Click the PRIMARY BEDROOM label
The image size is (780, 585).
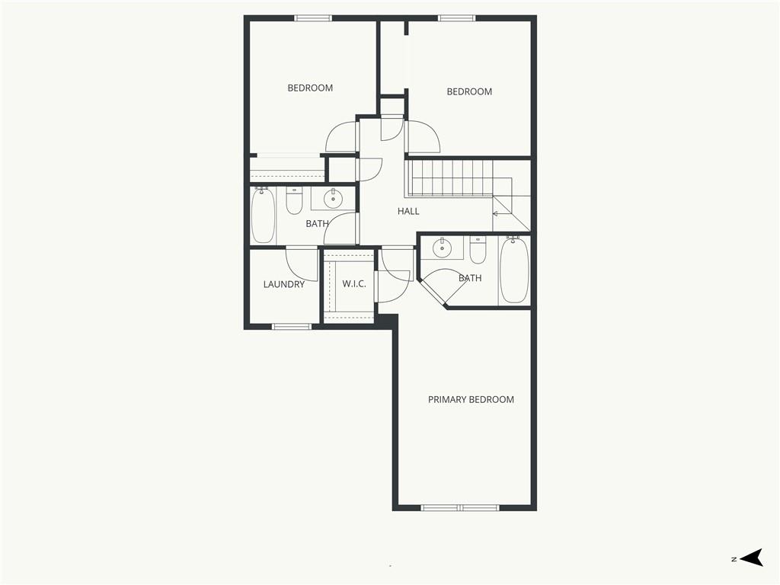[x=471, y=399]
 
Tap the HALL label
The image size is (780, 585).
[x=408, y=211]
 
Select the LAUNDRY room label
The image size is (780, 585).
[x=283, y=285]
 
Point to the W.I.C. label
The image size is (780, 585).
[x=354, y=284]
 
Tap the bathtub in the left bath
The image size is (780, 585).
[x=263, y=216]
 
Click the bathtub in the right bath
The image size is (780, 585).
[x=514, y=270]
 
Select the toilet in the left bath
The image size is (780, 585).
[x=295, y=200]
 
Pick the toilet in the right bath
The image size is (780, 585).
[x=478, y=251]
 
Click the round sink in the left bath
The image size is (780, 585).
[x=333, y=199]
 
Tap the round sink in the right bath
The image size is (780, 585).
[x=442, y=248]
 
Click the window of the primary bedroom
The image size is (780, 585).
[x=460, y=507]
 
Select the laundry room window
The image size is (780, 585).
[x=292, y=326]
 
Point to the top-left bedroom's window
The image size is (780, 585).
[x=313, y=18]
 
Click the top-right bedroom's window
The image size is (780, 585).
[x=457, y=18]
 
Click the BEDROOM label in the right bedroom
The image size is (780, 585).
[x=469, y=91]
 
